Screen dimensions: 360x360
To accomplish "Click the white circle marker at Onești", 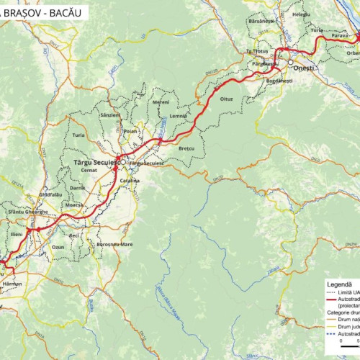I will [291, 63].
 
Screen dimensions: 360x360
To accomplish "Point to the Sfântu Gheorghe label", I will [27, 212].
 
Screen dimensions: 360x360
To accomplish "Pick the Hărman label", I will [12, 284].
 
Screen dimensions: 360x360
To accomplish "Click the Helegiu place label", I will [301, 14].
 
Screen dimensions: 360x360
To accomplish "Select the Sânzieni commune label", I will [111, 115].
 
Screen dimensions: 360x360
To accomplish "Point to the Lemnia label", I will [179, 117].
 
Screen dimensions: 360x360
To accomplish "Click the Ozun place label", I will [58, 246].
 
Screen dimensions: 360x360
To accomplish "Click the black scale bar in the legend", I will [350, 348].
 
